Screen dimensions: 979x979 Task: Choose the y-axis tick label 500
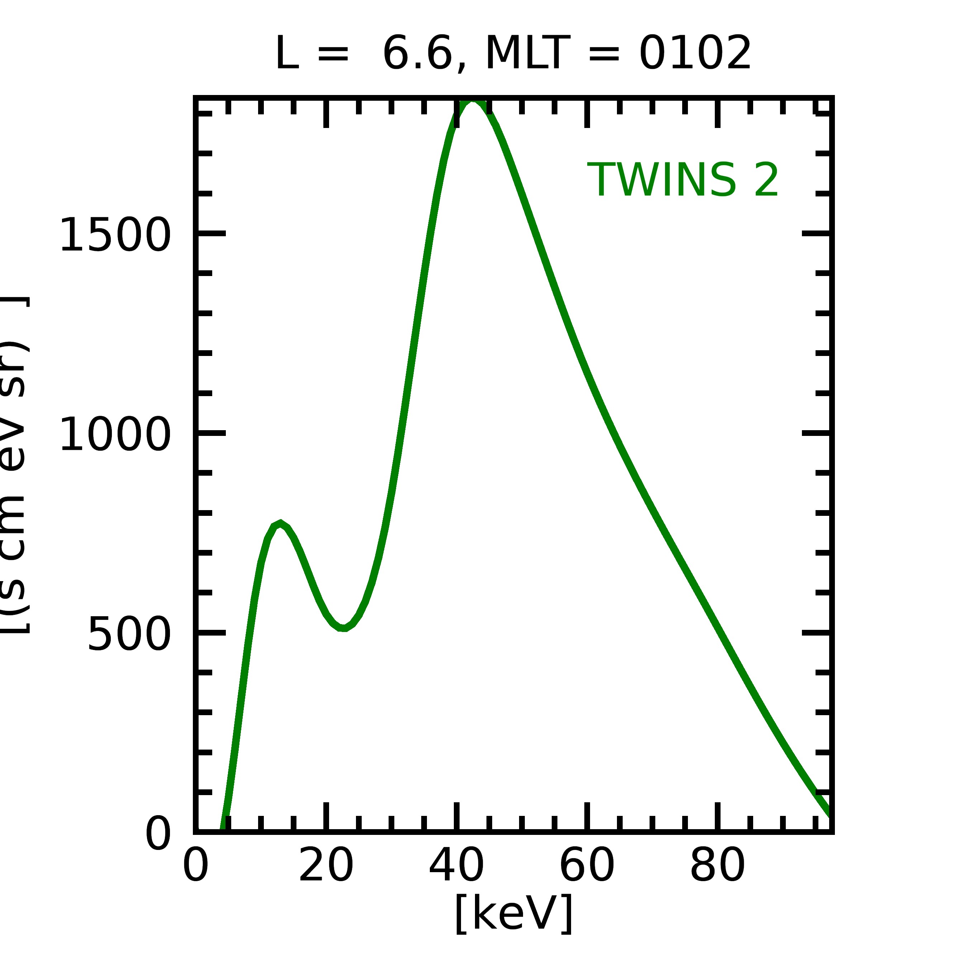[129, 634]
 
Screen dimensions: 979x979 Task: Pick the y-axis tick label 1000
[115, 434]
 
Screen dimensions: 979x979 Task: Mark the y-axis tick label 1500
[115, 234]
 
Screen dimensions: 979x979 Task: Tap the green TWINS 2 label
[683, 180]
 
